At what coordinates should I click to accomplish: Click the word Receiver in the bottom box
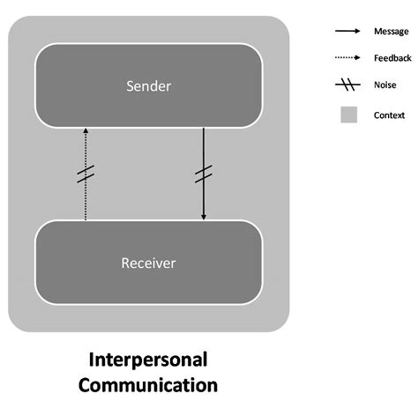148,263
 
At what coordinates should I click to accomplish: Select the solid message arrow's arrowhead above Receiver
205,215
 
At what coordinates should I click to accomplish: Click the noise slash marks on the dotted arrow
86,175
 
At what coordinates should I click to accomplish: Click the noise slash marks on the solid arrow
205,175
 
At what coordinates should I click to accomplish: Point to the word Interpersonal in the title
148,360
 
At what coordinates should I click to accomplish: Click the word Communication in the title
148,384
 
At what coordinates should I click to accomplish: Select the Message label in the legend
391,31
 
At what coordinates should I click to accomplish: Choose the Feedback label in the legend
392,58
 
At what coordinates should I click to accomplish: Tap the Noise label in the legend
385,85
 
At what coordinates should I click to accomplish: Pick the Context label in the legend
389,115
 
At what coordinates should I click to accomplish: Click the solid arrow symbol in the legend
347,31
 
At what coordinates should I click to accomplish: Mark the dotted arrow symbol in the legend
347,58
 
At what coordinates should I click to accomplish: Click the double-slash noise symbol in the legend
347,85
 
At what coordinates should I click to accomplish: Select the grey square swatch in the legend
347,115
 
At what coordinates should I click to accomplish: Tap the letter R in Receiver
123,263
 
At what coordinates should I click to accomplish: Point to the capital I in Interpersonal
92,360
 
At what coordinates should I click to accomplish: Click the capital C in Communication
86,384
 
